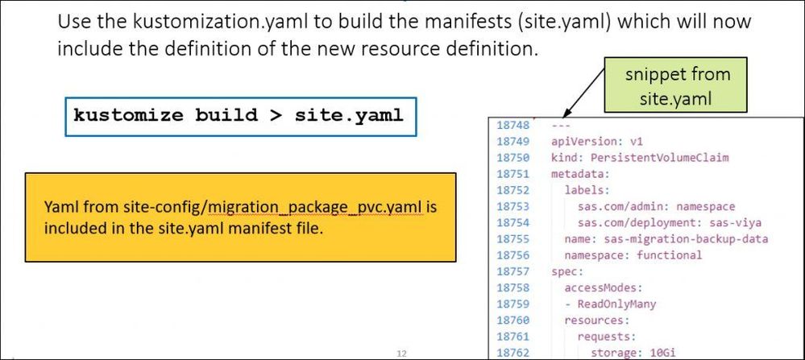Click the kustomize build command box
(x=238, y=114)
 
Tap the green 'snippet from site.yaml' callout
(x=678, y=85)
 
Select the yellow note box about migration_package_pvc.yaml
(x=240, y=217)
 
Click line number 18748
(x=514, y=125)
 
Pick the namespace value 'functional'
(x=670, y=255)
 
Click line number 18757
(x=514, y=271)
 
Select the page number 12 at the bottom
(x=401, y=352)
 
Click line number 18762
(x=514, y=352)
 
